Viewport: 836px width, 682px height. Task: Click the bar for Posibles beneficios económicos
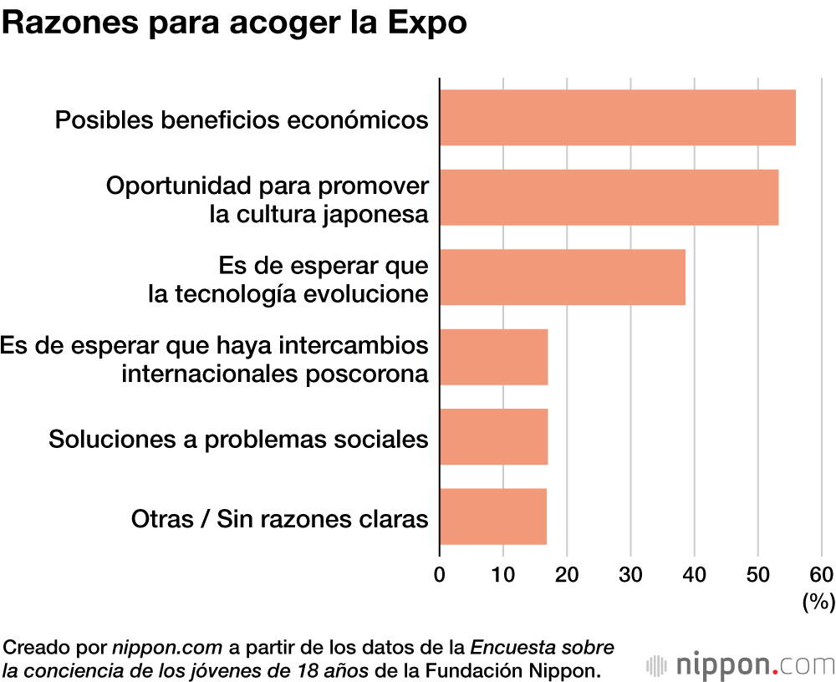(x=617, y=118)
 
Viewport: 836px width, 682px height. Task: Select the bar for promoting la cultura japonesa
(x=609, y=197)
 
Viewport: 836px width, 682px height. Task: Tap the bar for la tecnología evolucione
(x=562, y=277)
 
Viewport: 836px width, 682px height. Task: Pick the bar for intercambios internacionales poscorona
(x=493, y=357)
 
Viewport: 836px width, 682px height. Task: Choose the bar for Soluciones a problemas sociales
(x=493, y=436)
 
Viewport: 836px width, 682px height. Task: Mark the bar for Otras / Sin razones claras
(x=492, y=516)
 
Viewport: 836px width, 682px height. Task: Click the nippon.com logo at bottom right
(x=741, y=665)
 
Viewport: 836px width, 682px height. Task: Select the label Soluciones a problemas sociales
(x=238, y=439)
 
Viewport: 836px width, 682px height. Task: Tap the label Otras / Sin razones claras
(x=279, y=518)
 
